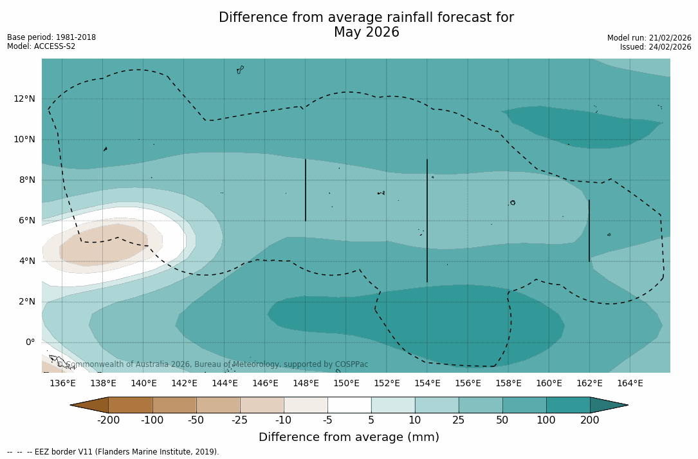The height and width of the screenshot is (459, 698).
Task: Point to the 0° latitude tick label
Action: coord(30,342)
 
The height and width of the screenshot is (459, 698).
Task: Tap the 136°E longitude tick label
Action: coord(62,383)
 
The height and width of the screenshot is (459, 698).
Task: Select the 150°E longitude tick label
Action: coord(346,383)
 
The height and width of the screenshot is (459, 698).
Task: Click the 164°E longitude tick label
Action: coord(630,383)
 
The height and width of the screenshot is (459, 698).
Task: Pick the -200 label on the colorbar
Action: coord(108,420)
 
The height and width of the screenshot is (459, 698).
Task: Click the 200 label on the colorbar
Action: coord(590,420)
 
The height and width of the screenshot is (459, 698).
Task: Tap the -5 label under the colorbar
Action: coord(327,420)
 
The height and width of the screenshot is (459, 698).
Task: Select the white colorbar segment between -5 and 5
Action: coord(349,405)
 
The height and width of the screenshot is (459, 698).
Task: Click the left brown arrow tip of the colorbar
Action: coord(80,405)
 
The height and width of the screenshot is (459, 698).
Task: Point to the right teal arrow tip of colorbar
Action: coord(618,405)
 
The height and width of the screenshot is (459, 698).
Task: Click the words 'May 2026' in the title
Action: coord(366,32)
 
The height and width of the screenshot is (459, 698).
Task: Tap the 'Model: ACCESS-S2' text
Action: coord(41,46)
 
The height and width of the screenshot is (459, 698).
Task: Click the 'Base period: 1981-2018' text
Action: coord(51,37)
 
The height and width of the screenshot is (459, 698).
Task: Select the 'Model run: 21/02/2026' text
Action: coord(649,38)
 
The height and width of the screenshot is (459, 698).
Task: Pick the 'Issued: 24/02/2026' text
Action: coord(656,47)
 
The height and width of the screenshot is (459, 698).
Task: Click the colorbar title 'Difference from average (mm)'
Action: coord(349,437)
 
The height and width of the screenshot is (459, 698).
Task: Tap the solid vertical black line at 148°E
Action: coord(306,190)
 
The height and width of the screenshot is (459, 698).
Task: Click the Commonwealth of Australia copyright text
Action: coord(213,364)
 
